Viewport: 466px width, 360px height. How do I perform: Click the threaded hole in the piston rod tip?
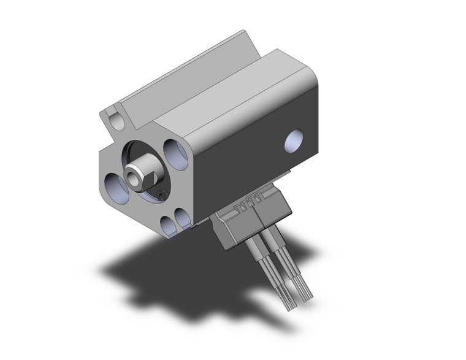coord(134,175)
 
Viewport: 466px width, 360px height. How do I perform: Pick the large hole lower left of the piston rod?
coord(116,184)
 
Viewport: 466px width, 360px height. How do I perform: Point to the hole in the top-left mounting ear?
coord(113,117)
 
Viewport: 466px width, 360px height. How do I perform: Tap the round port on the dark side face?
coord(296,140)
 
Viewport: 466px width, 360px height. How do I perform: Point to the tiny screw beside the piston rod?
coord(161,195)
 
